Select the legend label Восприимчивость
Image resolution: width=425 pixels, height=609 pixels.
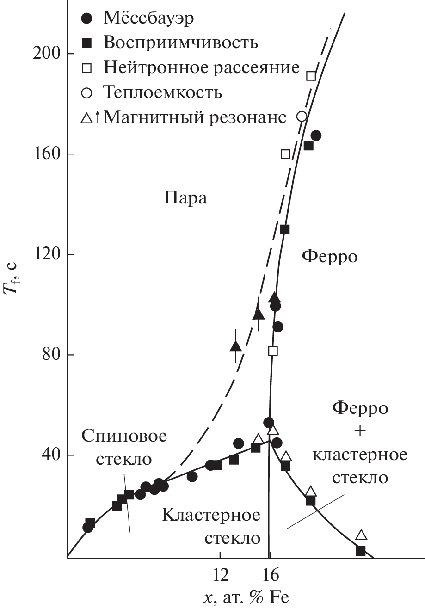coord(181,43)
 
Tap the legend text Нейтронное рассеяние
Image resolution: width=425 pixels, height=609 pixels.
coord(202,68)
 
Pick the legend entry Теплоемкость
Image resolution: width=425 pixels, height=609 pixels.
coord(163,92)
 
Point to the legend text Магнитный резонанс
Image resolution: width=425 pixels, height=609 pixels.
coord(195,117)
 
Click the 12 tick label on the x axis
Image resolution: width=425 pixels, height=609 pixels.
coord(220,575)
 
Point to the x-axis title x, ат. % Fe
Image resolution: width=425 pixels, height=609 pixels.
coord(246,597)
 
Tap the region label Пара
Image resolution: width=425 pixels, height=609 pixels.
coord(185,198)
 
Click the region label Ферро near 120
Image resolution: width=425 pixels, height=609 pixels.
coord(330,256)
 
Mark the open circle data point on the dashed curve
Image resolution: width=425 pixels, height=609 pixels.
coord(302,116)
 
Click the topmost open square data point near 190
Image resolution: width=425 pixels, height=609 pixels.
coord(311,76)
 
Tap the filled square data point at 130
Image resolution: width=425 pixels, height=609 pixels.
coord(285,229)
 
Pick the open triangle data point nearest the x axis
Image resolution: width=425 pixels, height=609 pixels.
coord(361,535)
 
